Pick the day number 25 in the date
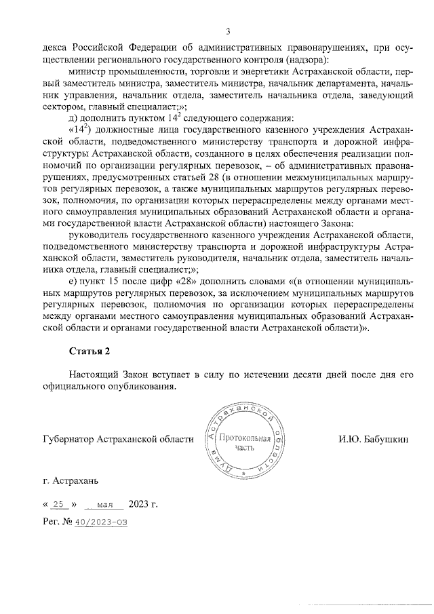tap(62, 504)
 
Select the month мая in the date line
tap(105, 505)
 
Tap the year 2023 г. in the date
tap(142, 504)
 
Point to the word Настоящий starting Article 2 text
tap(94, 375)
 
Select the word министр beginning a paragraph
tap(87, 71)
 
